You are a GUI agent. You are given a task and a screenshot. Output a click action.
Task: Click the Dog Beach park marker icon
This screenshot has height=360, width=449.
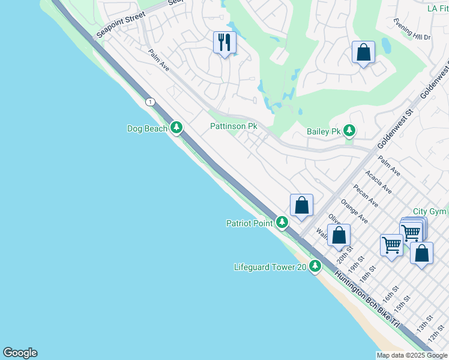point(176,127)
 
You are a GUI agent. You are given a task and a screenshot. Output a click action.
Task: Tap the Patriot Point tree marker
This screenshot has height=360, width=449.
point(282,223)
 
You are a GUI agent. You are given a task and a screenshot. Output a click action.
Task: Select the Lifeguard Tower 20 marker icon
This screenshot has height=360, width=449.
point(315,267)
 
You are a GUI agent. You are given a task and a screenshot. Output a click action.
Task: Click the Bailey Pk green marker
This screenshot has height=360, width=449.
point(349,131)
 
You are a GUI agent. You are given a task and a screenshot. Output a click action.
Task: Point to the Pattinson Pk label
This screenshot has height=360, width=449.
point(234,127)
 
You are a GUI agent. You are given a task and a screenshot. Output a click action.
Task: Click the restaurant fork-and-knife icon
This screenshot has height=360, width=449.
point(224,43)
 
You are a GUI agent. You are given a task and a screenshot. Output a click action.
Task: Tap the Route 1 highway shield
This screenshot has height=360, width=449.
point(149,102)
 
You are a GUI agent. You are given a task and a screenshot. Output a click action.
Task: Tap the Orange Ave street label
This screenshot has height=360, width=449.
point(354,212)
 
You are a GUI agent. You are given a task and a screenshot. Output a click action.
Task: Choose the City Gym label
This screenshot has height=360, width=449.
point(430,212)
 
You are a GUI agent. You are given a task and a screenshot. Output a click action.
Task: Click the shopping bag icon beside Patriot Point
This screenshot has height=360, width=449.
point(301,205)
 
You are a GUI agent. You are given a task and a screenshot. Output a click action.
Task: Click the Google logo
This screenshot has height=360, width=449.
point(20,353)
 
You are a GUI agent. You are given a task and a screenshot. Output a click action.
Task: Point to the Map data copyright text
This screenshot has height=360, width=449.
point(412,355)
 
